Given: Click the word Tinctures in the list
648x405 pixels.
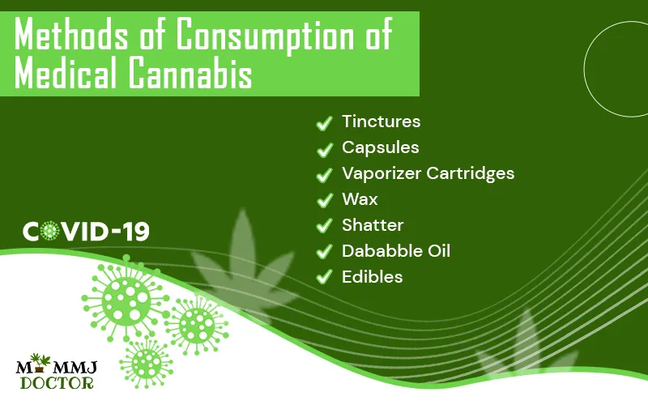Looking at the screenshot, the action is point(381,122).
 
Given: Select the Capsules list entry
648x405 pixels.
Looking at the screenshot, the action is point(380,147).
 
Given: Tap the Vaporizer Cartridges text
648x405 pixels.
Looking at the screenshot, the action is point(428,173).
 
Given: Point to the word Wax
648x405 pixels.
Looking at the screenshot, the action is point(360,199).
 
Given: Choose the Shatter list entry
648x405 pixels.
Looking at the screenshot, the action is point(373,225).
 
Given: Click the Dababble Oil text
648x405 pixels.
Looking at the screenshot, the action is point(396,251).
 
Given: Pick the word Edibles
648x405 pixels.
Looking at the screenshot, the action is point(372,277).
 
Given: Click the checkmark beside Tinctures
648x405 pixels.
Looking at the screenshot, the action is point(325,123).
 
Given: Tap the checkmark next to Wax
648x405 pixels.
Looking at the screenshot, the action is point(325,200).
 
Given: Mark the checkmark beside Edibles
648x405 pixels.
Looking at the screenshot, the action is point(325,278).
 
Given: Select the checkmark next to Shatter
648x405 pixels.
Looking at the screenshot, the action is point(325,227).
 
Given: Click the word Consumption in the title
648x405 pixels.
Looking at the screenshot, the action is point(266,36).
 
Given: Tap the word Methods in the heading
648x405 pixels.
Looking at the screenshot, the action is point(71,35).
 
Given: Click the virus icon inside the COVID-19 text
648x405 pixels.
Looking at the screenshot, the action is point(50,231).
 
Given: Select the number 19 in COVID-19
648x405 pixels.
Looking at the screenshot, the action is point(136,232).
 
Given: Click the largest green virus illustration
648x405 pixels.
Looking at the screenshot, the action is point(126,297).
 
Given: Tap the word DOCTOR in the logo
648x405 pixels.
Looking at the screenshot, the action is point(57,383).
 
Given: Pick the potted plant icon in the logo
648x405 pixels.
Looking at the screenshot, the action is point(40,362).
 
